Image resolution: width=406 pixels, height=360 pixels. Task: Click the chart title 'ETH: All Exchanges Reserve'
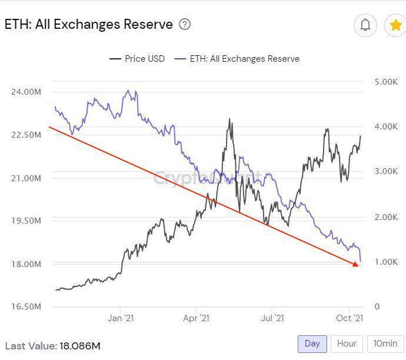[x=89, y=25]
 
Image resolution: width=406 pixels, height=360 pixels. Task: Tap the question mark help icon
[x=185, y=25]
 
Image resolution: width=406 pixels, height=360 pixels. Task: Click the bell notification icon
[x=365, y=25]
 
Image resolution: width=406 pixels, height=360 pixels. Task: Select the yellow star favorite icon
[x=395, y=25]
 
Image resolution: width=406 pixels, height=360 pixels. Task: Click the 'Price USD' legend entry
[x=137, y=59]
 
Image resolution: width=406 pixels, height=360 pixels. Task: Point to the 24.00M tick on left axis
[x=25, y=92]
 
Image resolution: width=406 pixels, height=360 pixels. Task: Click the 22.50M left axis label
[x=25, y=135]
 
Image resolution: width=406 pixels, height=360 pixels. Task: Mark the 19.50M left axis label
[x=25, y=221]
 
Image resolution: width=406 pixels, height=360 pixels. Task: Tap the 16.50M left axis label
[x=25, y=306]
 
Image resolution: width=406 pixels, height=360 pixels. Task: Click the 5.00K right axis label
[x=386, y=82]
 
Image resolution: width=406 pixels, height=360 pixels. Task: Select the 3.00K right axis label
[x=386, y=172]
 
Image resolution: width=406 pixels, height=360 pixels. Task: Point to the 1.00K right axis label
[x=386, y=262]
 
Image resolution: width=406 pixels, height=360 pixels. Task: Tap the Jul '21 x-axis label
[x=272, y=318]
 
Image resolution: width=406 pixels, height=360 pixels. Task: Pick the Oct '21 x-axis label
[x=350, y=318]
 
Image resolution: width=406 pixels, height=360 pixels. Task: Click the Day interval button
[x=312, y=344]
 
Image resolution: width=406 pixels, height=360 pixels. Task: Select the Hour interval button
[x=347, y=344]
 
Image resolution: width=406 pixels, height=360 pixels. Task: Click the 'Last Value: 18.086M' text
[x=52, y=346]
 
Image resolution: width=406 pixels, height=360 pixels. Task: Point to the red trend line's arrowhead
[x=355, y=265]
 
